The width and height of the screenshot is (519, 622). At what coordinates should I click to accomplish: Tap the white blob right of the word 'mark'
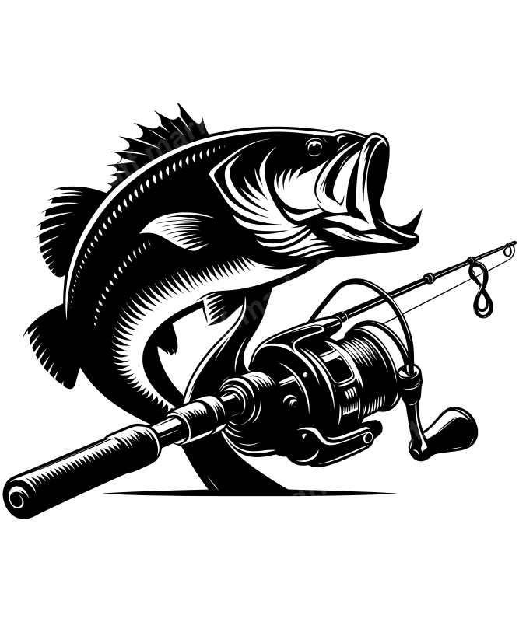point(223,112)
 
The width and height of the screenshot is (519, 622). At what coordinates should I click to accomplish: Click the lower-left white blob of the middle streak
point(205,336)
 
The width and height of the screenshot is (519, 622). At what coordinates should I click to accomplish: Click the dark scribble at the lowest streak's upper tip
point(419,430)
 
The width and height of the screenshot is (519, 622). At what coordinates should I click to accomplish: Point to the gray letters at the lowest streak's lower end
point(311,486)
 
